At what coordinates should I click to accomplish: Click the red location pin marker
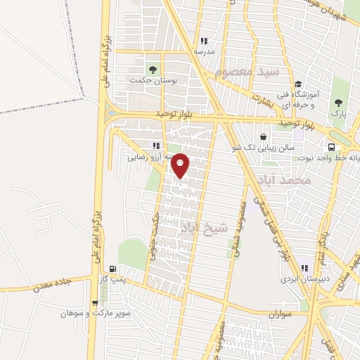181,166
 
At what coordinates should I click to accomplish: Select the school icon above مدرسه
204,41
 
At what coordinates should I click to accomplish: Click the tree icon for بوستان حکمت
152,69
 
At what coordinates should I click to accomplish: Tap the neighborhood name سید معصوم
248,72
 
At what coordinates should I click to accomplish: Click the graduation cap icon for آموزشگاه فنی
299,82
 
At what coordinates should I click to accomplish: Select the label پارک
339,112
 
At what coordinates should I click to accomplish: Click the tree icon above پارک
339,101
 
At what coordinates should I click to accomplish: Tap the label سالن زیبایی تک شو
262,148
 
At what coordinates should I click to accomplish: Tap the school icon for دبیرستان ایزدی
305,266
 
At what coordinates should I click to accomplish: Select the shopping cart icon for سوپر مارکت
95,303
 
